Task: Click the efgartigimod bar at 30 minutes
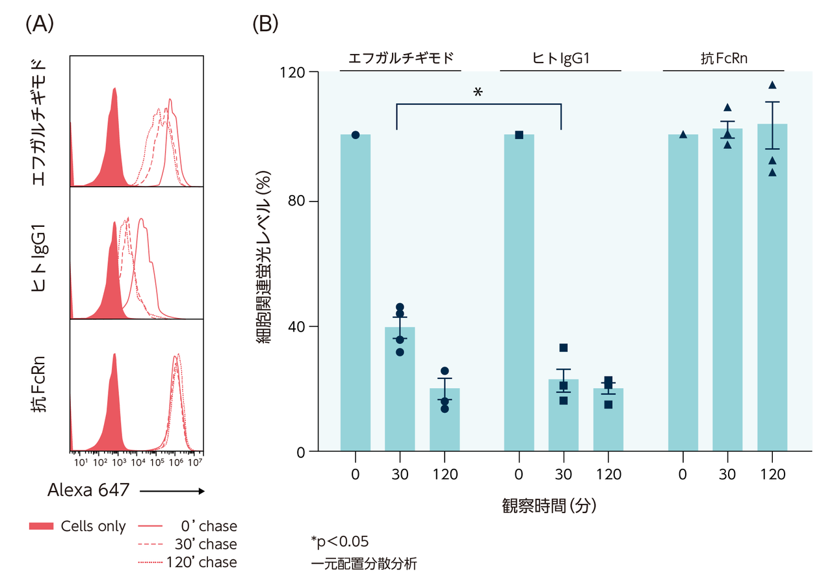coord(400,390)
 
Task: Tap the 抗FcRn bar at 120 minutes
coord(772,293)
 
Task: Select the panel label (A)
coord(38,25)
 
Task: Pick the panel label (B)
coord(265,25)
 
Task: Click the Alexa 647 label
coord(88,492)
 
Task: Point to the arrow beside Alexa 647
coord(172,492)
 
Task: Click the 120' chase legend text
coord(201,562)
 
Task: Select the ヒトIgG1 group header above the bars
coord(560,58)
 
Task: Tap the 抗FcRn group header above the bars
coord(723,58)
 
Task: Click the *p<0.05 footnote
coord(340,542)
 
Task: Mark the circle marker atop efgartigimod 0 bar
coord(356,135)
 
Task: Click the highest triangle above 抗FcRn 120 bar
coord(772,85)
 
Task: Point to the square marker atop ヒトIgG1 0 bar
coord(519,135)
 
